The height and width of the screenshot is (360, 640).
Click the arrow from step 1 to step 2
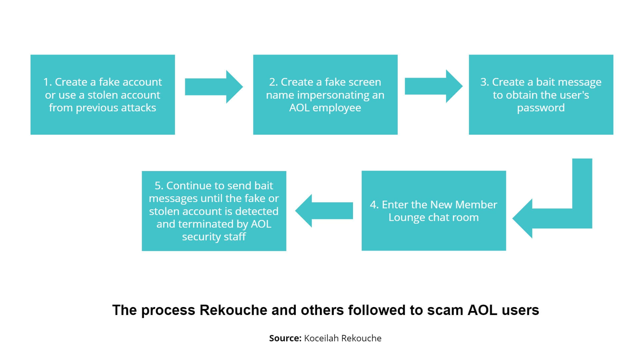tap(213, 87)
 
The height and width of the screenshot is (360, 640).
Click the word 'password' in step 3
tap(541, 108)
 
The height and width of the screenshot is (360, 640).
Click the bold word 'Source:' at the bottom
tap(285, 338)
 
